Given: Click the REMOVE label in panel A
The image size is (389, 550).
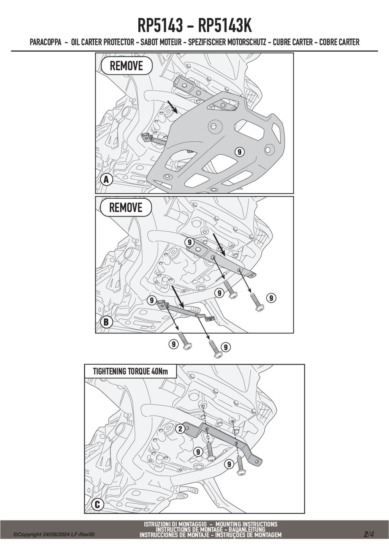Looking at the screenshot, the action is coord(127,66).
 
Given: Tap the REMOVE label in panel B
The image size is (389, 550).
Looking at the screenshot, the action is coord(126,207).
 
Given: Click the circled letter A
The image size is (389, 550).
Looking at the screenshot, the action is coord(106,180).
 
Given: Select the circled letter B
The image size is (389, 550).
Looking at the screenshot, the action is coord(106,322).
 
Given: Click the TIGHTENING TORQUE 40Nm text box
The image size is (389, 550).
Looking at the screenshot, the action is coord(130,371).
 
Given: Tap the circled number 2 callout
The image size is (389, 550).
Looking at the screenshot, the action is coord(180,429).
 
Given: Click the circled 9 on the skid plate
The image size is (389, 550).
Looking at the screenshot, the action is coord(239,152).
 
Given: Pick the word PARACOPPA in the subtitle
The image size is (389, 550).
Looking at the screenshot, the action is coord(46,42).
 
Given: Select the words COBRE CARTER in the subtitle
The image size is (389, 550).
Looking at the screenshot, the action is coord(339,42).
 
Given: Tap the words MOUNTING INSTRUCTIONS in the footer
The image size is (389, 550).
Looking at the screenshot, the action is coord(246,524).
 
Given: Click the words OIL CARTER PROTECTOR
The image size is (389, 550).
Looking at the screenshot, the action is coord(103,42).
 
